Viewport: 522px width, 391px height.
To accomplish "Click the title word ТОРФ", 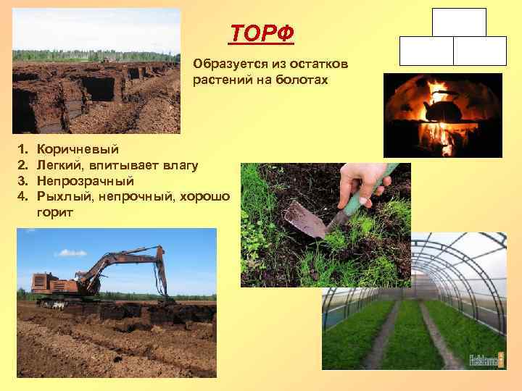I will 262,33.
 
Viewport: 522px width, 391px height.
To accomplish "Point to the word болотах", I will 300,80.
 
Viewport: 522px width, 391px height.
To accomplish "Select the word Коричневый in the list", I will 78,150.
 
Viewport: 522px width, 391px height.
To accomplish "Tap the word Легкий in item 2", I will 59,165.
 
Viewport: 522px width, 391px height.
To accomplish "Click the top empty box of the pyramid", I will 459,22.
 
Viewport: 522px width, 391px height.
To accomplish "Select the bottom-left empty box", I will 426,51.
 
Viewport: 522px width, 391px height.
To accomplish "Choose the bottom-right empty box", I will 480,51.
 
